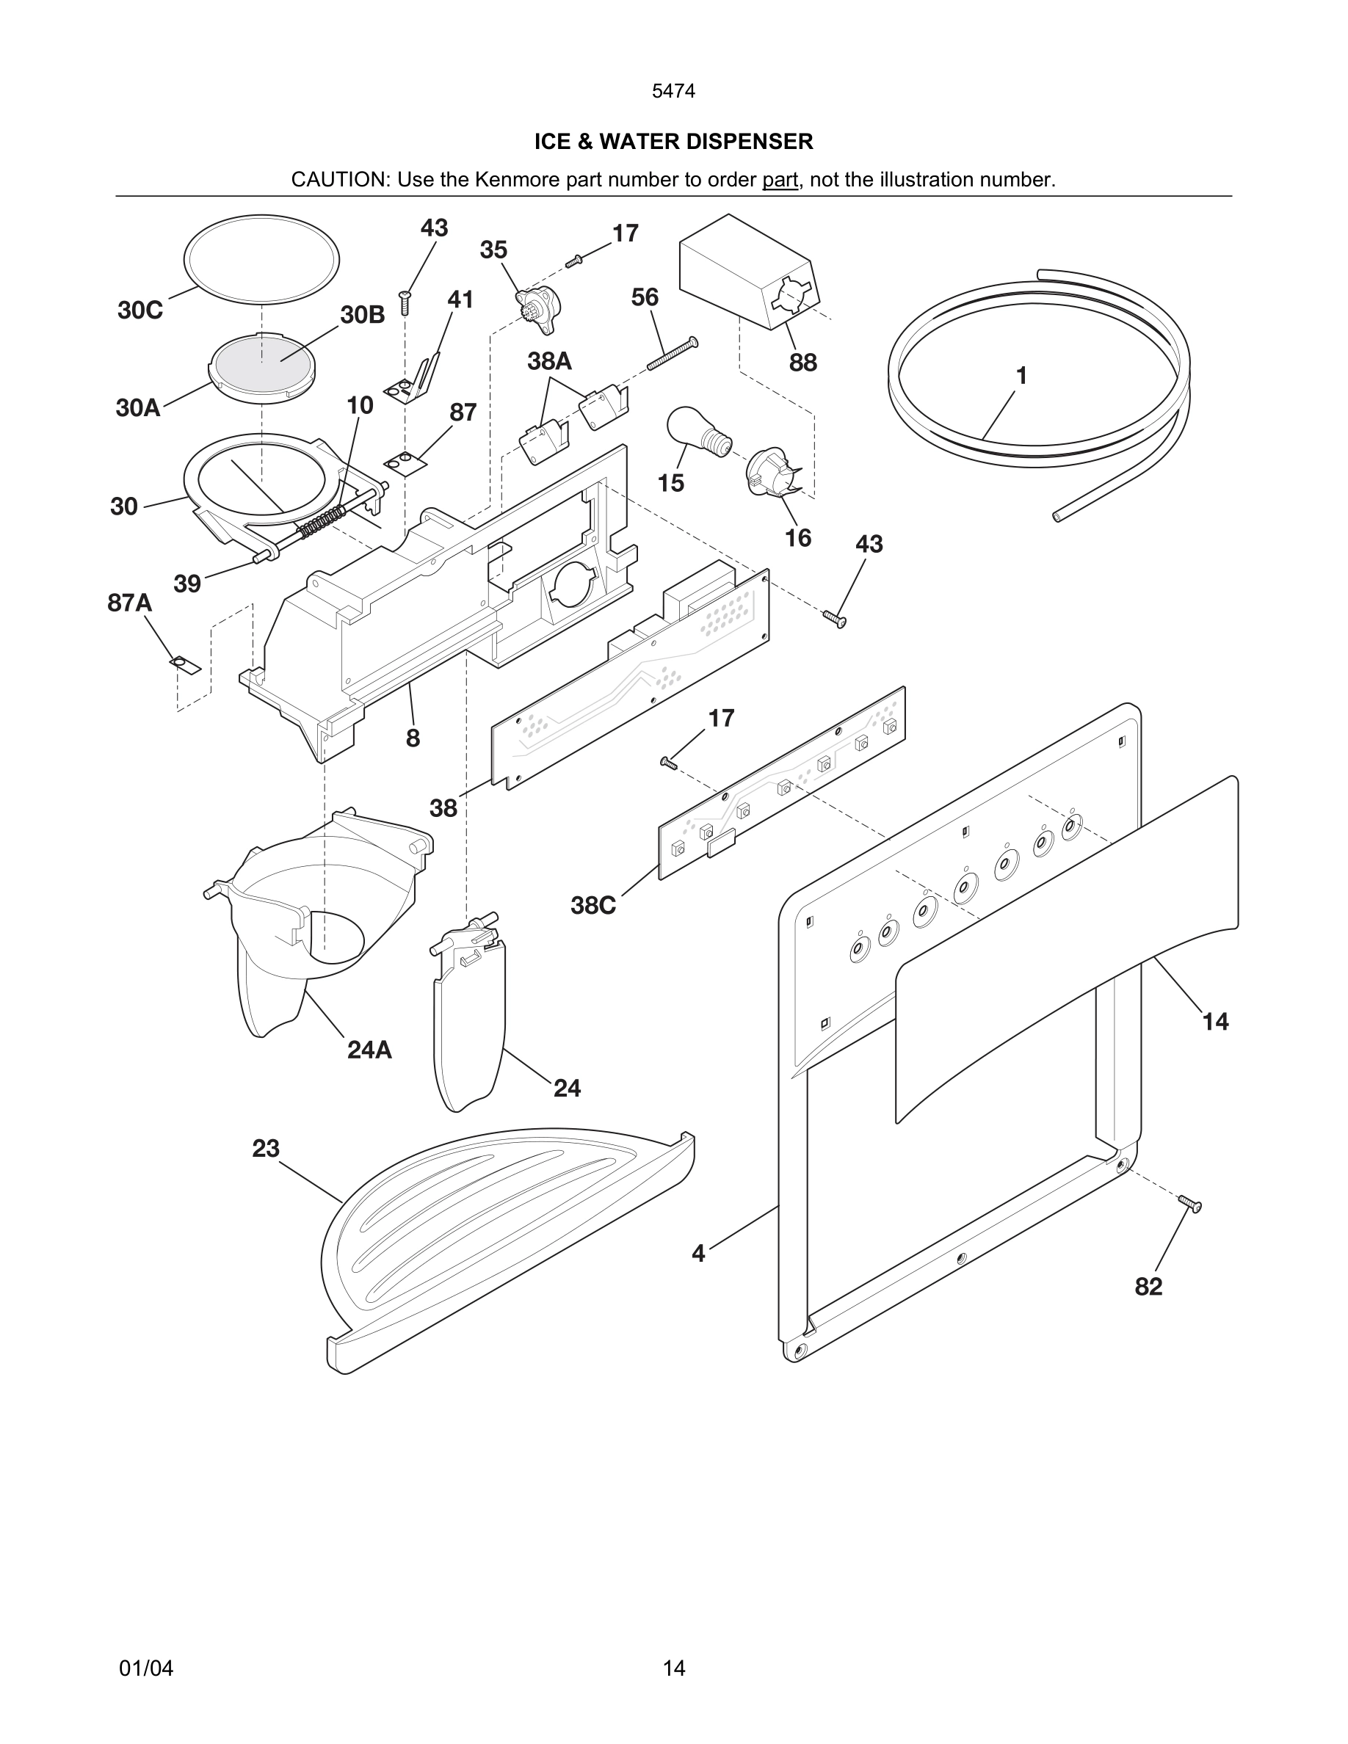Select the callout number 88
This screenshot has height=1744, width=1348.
pos(802,363)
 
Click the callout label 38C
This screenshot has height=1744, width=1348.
pos(593,906)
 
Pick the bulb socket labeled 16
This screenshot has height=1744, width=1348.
pos(771,471)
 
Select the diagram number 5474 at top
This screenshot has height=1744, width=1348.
pos(673,91)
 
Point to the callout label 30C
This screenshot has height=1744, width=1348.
pos(139,310)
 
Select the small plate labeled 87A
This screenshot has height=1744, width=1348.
pos(184,664)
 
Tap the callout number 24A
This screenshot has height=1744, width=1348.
pos(369,1050)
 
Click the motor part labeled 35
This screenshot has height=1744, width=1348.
pos(539,303)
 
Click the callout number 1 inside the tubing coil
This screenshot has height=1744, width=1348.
pos(1021,375)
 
